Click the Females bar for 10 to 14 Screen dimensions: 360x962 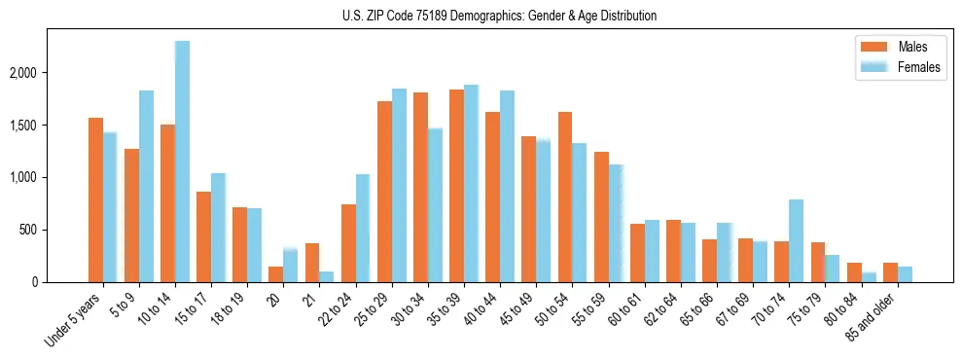[182, 162]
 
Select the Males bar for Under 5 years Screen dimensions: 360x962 [95, 200]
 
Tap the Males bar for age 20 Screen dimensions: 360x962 [276, 274]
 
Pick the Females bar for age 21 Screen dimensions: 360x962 [327, 277]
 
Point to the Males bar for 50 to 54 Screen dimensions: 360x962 [564, 198]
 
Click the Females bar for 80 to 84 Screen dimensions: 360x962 [868, 277]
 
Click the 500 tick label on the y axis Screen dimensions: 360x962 [54, 231]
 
